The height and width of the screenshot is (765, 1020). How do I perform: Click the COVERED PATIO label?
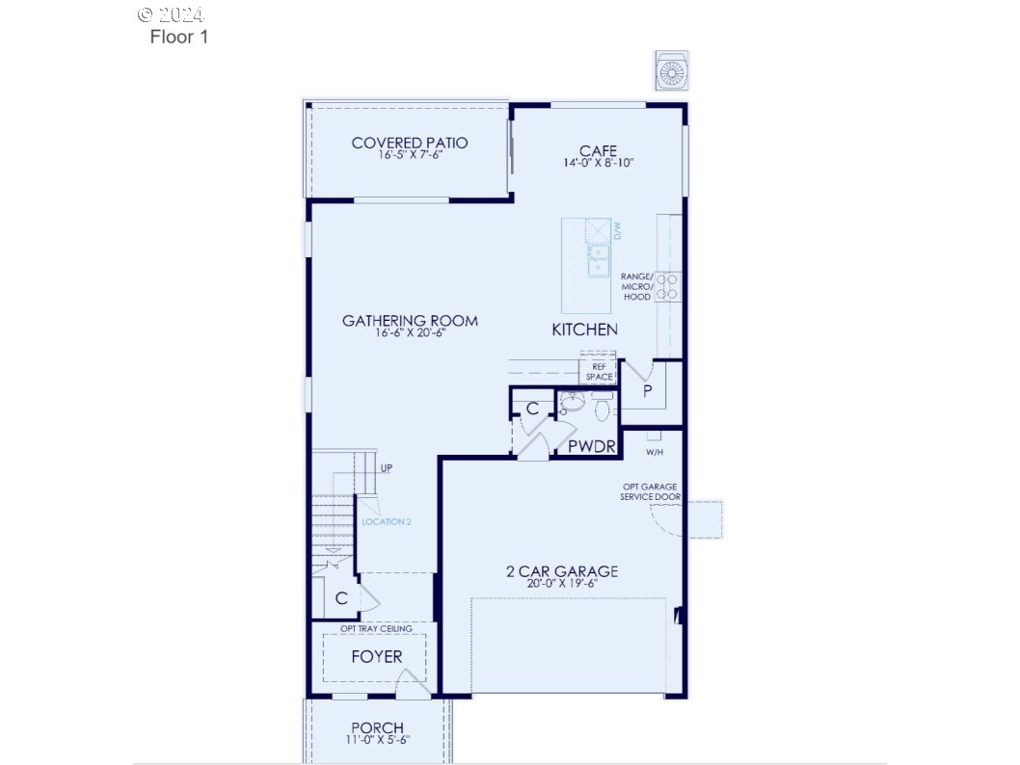point(410,144)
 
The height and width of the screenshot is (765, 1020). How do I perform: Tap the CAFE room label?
point(598,151)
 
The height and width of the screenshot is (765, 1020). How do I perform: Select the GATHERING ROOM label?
point(410,321)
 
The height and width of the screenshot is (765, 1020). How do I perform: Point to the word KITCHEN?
point(584,330)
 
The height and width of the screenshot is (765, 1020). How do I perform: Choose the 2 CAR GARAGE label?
point(562,571)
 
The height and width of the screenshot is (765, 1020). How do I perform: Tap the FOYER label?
point(376,657)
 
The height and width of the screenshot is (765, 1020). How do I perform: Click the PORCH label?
point(377,727)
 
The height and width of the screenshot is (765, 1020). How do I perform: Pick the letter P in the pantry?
point(648,391)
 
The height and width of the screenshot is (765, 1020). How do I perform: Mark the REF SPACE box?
point(599,372)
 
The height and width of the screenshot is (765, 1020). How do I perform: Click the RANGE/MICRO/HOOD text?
point(637,287)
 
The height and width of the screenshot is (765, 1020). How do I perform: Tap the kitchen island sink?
point(598,255)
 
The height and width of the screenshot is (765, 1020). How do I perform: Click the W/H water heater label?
point(655,452)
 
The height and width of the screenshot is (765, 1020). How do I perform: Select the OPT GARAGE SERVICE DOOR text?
point(651,492)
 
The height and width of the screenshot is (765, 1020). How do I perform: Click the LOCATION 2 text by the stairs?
point(387,522)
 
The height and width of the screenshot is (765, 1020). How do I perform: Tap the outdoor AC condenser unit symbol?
point(671,71)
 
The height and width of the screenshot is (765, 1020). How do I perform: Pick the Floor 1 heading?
point(178,38)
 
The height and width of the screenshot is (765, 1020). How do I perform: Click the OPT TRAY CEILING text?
point(376,629)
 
